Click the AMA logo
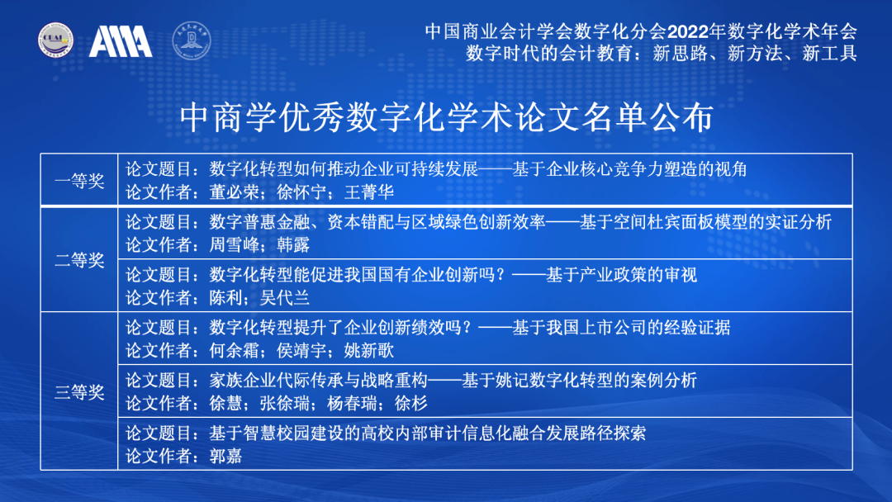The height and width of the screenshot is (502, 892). [x=121, y=41]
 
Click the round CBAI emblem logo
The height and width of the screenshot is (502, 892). [x=55, y=40]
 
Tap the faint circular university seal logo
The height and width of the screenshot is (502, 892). [x=192, y=40]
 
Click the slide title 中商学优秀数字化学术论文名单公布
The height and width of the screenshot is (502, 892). [x=447, y=118]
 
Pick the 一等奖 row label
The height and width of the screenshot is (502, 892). [x=79, y=181]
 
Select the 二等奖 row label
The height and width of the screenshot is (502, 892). [x=79, y=260]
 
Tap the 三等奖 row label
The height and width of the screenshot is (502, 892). [x=79, y=391]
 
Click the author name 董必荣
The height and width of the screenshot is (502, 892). [x=234, y=192]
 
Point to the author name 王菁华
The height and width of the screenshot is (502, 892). [x=369, y=192]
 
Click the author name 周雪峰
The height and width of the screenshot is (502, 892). [x=234, y=245]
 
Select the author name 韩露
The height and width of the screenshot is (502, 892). [x=293, y=245]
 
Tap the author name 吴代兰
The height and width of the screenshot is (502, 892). [x=284, y=298]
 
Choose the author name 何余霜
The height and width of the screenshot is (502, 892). [x=234, y=350]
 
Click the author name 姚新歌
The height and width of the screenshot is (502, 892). [x=369, y=350]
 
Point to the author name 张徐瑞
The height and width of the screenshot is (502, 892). [x=284, y=403]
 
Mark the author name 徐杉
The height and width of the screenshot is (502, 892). [x=410, y=403]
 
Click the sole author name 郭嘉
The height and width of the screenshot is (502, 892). [x=225, y=456]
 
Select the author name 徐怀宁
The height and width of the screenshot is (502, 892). [x=301, y=192]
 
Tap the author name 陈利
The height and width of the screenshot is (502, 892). [x=225, y=298]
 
